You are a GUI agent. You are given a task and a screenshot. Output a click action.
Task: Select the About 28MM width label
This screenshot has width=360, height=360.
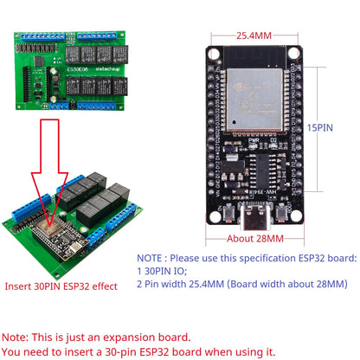click(254, 238)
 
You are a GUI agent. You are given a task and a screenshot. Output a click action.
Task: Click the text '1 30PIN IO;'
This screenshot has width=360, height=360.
click(166, 270)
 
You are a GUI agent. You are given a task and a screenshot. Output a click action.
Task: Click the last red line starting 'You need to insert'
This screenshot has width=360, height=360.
click(138, 351)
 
